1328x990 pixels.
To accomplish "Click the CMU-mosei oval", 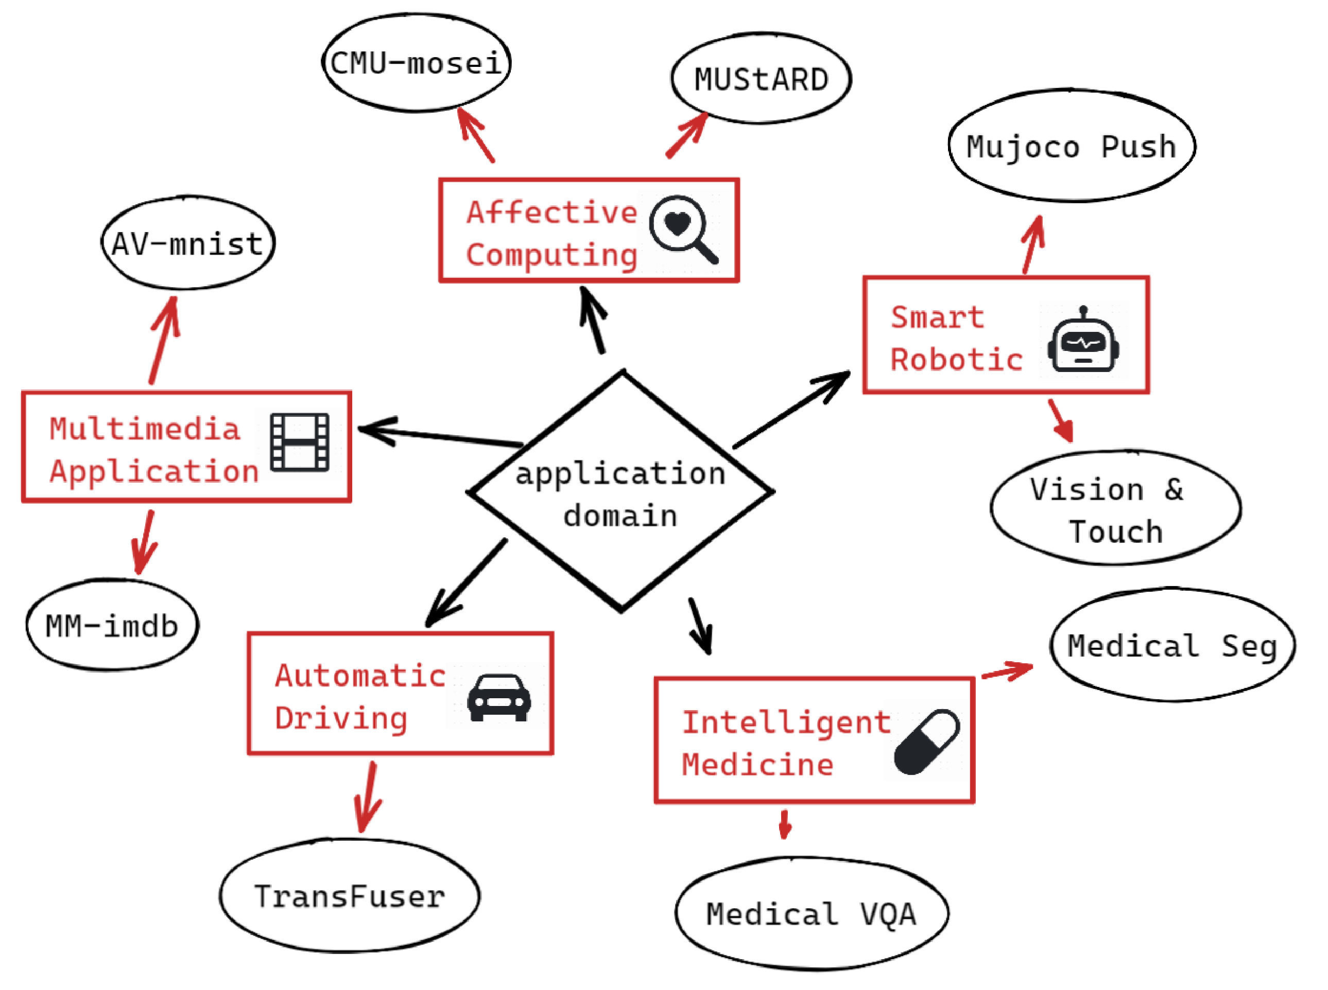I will click(417, 63).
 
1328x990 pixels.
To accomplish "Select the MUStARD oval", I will click(761, 79).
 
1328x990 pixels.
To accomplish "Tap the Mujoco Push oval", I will click(1072, 147).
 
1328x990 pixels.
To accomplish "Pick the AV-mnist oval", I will click(187, 243).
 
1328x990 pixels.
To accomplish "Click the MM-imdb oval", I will click(112, 626).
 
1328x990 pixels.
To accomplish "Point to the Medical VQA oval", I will click(811, 914).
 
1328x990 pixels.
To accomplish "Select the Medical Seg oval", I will click(1172, 645).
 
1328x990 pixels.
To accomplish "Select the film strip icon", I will click(299, 441).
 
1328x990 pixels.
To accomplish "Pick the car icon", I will click(499, 697).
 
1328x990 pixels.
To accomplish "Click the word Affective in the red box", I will click(551, 212).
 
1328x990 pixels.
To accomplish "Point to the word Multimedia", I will click(145, 429).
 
